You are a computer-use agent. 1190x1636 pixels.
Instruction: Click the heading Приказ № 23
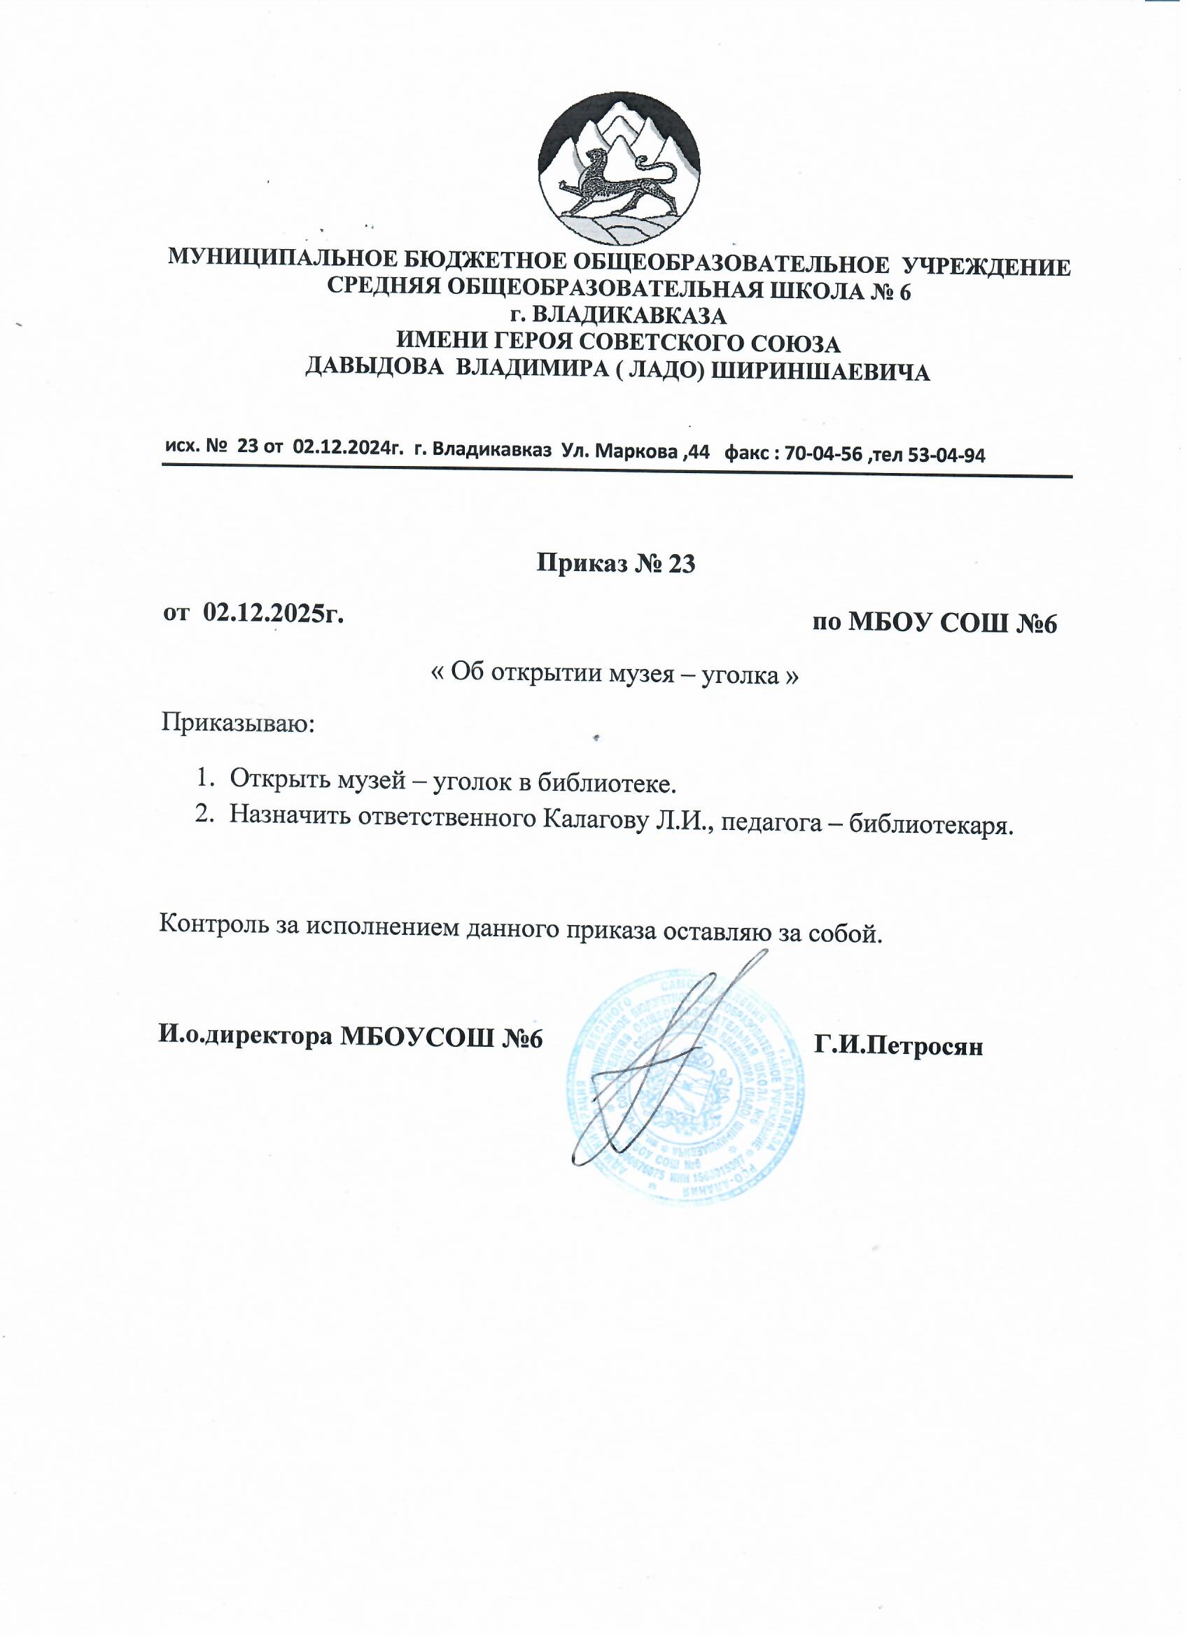615,563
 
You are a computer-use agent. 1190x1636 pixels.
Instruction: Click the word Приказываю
237,722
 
